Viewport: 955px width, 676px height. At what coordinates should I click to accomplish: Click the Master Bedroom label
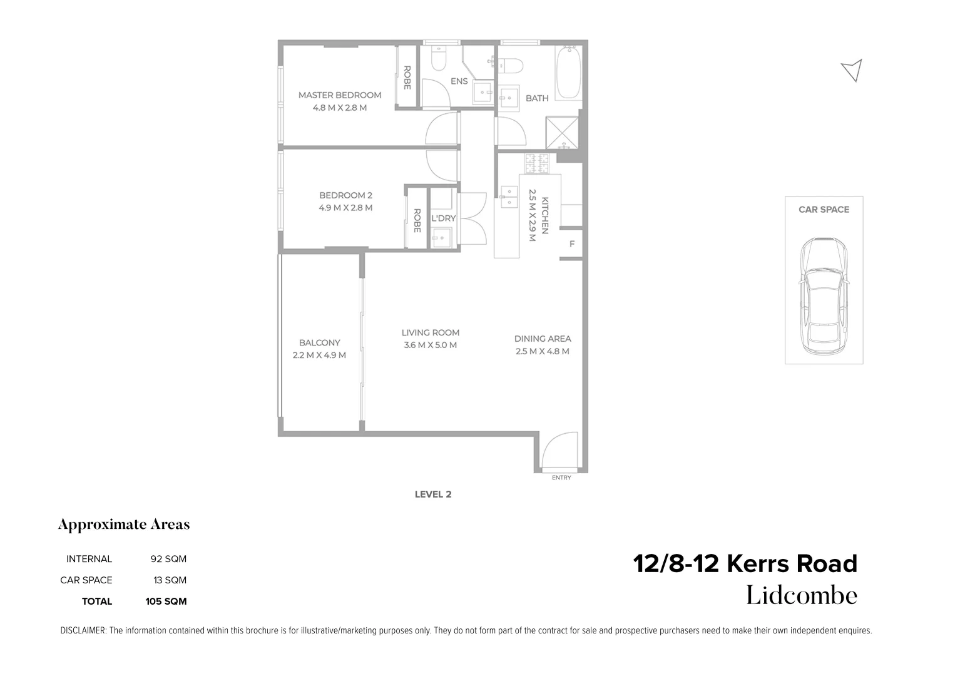339,95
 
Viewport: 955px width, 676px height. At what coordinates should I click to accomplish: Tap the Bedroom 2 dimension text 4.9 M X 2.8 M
345,208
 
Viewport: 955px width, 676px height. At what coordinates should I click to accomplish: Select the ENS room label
459,81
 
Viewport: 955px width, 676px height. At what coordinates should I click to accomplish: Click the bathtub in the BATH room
568,73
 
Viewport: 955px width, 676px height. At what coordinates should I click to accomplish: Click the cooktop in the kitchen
536,164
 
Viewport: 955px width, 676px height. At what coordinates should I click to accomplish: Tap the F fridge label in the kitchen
571,244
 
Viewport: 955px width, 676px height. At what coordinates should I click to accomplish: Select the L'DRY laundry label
443,218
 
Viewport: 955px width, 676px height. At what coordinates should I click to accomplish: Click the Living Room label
430,333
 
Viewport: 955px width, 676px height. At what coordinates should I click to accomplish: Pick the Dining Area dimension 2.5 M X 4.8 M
542,351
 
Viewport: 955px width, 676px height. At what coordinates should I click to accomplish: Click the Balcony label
319,343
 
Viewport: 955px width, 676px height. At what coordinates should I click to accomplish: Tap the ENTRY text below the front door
561,478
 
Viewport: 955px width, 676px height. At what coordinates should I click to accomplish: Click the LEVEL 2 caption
432,494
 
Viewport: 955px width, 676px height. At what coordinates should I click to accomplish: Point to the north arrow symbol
852,70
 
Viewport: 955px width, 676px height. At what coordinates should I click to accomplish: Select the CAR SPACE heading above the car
824,210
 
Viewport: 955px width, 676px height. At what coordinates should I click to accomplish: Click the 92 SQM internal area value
168,559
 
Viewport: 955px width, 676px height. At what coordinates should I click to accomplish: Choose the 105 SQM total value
166,602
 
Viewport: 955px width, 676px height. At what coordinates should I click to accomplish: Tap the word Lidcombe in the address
801,595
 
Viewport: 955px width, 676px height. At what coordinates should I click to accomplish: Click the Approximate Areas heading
124,525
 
